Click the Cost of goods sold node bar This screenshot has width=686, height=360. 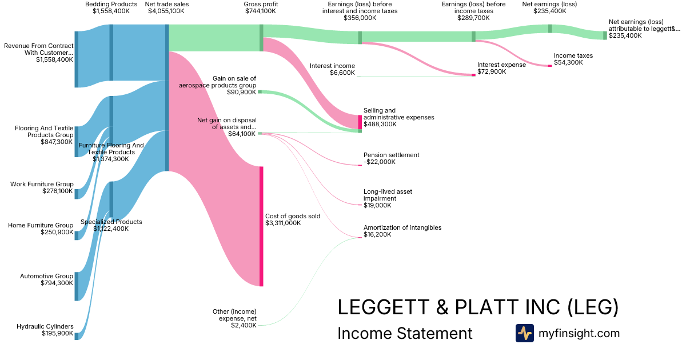click(x=261, y=226)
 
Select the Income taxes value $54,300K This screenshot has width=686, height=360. click(x=568, y=62)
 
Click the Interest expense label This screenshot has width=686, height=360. click(x=501, y=65)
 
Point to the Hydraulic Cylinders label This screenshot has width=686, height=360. click(x=45, y=326)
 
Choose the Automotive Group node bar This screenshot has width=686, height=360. click(x=76, y=286)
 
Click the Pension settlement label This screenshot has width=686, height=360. click(x=391, y=155)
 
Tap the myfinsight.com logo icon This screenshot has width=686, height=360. click(x=524, y=333)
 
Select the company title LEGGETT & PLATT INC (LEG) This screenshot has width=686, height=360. click(x=478, y=307)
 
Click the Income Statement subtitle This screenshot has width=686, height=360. click(x=405, y=333)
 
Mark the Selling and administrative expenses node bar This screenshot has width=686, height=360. click(x=360, y=122)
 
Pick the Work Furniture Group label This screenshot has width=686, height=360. click(x=42, y=184)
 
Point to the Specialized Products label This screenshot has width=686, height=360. click(x=111, y=222)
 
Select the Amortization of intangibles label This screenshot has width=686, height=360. click(x=402, y=227)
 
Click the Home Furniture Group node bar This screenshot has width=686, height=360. click(x=76, y=235)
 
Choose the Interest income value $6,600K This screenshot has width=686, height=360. click(x=341, y=73)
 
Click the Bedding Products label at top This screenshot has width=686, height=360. click(x=111, y=4)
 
